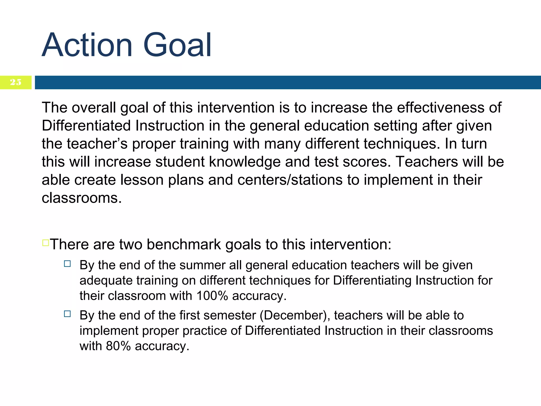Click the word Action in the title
pos(87,45)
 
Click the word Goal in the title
pos(177,45)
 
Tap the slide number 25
pos(16,82)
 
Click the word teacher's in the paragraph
pos(97,144)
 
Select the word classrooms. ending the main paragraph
pos(82,198)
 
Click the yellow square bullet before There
pos(45,243)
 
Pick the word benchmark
pos(184,244)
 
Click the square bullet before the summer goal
pos(67,264)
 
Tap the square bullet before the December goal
pos(67,314)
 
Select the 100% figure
pos(212,296)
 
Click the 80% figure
pos(118,346)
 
